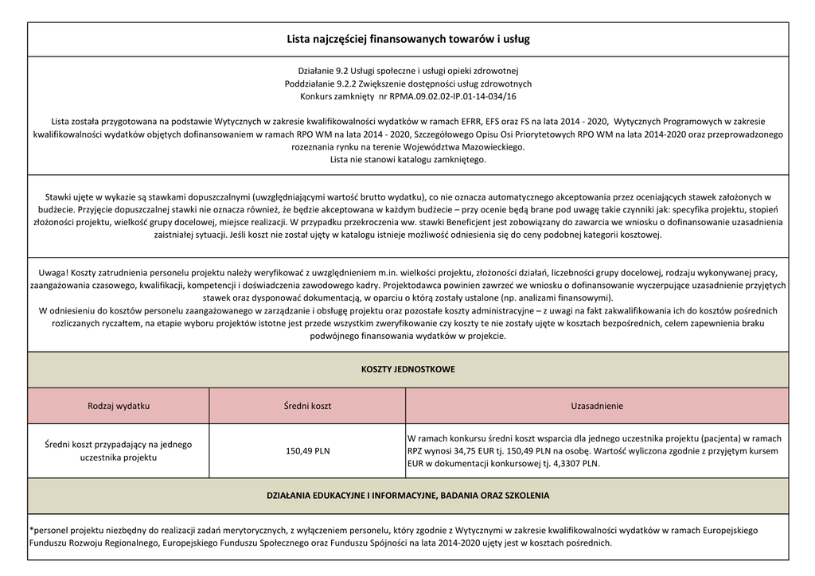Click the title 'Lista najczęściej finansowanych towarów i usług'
[407, 39]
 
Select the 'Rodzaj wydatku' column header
[119, 406]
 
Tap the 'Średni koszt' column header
[307, 406]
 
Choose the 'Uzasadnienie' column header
[597, 406]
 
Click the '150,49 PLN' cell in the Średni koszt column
[307, 451]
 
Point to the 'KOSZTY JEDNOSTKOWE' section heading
[407, 370]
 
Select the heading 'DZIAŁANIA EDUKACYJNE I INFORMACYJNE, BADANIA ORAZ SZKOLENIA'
[407, 496]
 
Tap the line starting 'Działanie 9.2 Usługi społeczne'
[407, 71]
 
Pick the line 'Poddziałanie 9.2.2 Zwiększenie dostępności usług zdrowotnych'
[407, 84]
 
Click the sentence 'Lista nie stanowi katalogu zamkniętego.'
[407, 160]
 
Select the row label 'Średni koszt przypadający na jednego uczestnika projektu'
[119, 450]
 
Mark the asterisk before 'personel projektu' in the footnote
[30, 530]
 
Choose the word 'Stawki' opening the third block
[59, 197]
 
